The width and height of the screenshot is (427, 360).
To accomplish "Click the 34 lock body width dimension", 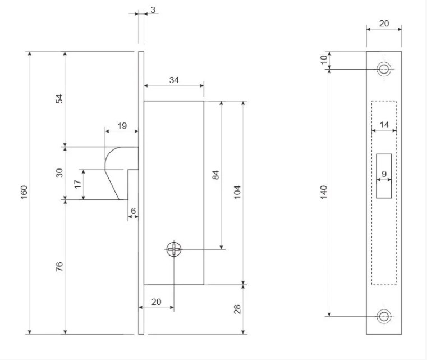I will click(174, 80).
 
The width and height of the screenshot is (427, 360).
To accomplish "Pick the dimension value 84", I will click(215, 174).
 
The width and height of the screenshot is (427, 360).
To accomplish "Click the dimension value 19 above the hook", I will click(122, 126).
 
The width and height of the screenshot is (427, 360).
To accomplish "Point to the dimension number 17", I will click(78, 183).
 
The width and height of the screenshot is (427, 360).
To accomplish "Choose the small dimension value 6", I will click(133, 210).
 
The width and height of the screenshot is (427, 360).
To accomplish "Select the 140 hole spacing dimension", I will click(324, 192).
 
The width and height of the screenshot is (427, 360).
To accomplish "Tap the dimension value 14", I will click(384, 125).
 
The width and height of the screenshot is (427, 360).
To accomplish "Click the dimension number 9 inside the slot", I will click(384, 174).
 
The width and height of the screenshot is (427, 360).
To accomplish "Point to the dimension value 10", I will click(324, 60).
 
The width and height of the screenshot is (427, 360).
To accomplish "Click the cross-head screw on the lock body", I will click(174, 249).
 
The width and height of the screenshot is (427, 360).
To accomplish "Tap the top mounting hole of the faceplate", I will click(384, 70).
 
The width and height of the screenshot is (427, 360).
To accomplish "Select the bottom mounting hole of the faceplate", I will click(384, 316).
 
